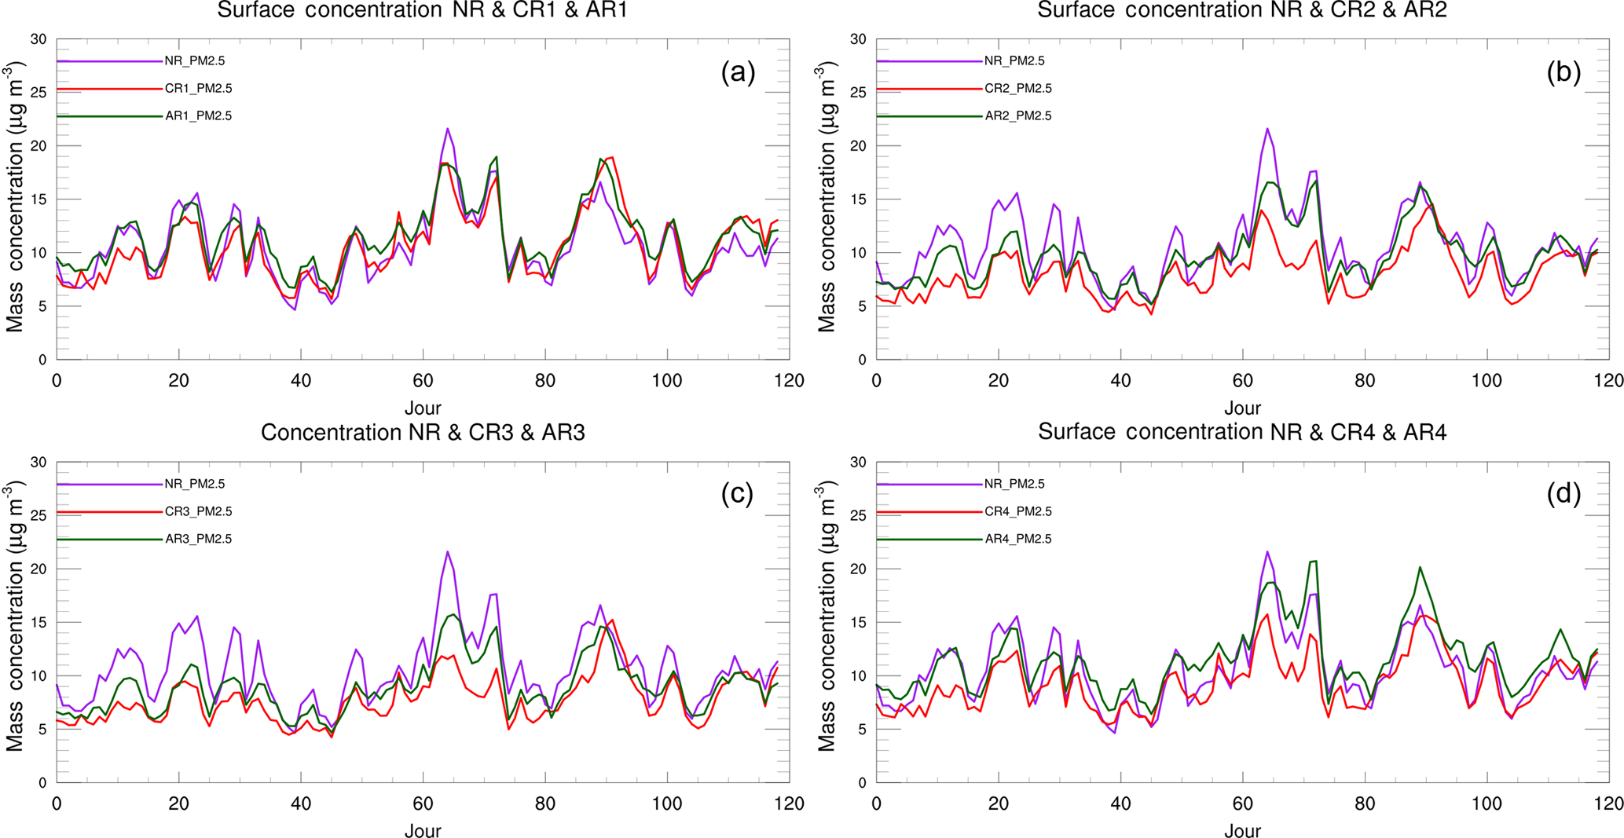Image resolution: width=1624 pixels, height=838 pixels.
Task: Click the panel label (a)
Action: point(738,72)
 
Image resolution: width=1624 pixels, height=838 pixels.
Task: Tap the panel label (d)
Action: point(1563,493)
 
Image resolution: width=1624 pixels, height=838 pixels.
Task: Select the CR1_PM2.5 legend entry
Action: point(198,89)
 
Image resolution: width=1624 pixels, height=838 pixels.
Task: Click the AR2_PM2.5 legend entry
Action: point(1017,116)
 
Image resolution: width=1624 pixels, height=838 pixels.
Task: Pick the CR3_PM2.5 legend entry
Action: point(198,511)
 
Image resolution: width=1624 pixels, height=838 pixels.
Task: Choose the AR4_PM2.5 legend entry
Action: point(1017,539)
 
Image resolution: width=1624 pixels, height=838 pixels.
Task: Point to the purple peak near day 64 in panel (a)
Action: point(448,129)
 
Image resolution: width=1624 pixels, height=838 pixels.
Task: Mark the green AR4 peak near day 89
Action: point(1420,567)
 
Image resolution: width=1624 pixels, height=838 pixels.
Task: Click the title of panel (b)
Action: point(1242,10)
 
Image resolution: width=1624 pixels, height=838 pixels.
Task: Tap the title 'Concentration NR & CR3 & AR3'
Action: point(423,433)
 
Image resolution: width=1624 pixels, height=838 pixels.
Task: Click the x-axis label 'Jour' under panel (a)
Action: point(423,408)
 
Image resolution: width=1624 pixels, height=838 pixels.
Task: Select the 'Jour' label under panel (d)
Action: point(1242,830)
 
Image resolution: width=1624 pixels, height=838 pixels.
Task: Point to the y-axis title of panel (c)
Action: point(16,616)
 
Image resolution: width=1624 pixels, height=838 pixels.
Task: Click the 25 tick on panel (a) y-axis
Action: point(38,93)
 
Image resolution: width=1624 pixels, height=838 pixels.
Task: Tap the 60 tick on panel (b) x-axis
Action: point(1242,381)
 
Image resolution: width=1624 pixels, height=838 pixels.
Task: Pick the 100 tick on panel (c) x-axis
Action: point(667,803)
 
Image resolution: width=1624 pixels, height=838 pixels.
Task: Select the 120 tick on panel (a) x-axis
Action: point(789,381)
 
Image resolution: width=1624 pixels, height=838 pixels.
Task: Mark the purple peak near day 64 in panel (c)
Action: point(448,551)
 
